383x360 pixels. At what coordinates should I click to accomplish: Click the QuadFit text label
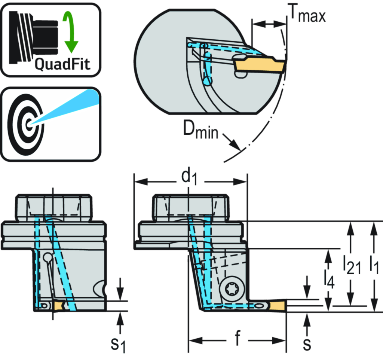click(x=62, y=65)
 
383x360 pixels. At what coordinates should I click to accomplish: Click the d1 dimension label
click(x=190, y=177)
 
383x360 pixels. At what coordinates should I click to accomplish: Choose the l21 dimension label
click(x=352, y=265)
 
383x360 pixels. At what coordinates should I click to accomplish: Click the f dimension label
click(x=238, y=339)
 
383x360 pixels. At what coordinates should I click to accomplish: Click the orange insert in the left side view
click(x=59, y=306)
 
